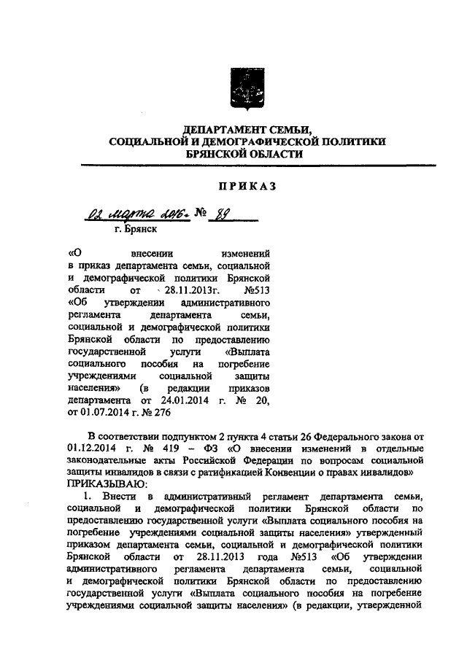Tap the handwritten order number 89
tap(216, 216)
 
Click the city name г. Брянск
tap(136, 229)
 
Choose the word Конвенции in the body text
tap(315, 473)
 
